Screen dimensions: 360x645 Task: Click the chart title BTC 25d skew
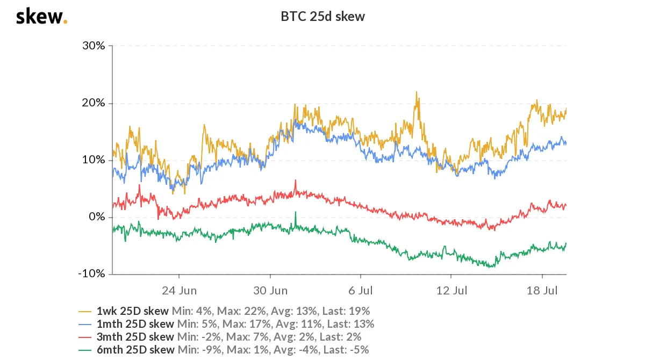[322, 17]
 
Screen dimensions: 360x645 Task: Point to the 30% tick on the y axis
[94, 46]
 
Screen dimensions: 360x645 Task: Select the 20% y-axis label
[94, 103]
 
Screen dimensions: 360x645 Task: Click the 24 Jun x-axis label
[179, 291]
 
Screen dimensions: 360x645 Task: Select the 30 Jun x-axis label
[270, 291]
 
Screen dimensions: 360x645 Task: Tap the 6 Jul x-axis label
[361, 291]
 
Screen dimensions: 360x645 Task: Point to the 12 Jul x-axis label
[451, 291]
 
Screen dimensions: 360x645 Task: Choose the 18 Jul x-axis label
[542, 291]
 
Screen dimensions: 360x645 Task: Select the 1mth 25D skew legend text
[135, 324]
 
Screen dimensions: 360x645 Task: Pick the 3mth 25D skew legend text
[135, 337]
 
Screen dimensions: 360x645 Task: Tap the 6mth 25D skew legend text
[135, 350]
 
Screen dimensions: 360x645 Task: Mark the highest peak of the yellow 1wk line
[416, 92]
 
